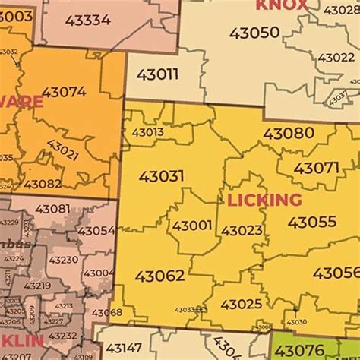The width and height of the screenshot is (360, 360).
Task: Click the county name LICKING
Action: [x=264, y=201]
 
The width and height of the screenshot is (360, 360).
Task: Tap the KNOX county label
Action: [x=282, y=5]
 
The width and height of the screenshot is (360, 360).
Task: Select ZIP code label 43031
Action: [x=161, y=176]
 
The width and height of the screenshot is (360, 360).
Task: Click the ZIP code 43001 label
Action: [x=192, y=226]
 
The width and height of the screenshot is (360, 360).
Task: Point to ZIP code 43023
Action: [x=242, y=230]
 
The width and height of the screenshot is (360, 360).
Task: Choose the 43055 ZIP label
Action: [x=311, y=223]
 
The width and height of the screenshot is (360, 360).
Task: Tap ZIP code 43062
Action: [x=159, y=275]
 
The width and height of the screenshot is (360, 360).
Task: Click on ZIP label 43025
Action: [x=241, y=304]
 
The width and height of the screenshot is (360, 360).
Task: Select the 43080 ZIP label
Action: [x=288, y=134]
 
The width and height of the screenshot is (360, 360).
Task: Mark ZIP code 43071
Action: [x=316, y=168]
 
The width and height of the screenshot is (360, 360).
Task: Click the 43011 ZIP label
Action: [x=158, y=74]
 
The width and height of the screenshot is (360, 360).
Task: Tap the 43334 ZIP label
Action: [x=88, y=20]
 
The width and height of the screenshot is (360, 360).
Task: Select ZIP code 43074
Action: [x=64, y=92]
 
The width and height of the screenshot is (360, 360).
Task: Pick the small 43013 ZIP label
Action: [x=147, y=131]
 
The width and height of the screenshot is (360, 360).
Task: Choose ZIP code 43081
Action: [x=52, y=209]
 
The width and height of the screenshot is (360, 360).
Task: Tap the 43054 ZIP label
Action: [x=96, y=230]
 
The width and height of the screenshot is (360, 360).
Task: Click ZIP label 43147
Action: [x=124, y=348]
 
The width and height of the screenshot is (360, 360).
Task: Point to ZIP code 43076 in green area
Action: [x=298, y=350]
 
